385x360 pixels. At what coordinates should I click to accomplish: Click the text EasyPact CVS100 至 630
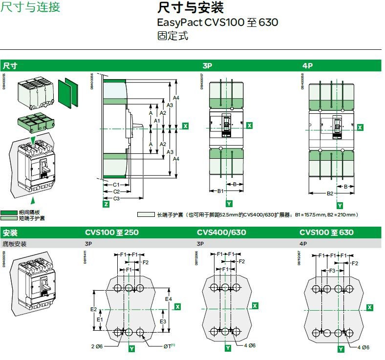217,22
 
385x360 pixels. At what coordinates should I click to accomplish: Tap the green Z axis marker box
106,204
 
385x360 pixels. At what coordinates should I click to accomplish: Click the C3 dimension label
117,198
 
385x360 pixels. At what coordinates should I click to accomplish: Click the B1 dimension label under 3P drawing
220,191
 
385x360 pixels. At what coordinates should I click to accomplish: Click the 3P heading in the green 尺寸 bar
208,65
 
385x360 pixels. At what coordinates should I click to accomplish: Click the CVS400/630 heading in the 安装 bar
221,233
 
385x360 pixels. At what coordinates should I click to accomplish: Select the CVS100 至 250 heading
112,233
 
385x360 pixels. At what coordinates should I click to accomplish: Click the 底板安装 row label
15,243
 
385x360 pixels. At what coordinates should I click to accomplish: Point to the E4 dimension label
168,298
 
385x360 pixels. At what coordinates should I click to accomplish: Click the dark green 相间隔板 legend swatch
9,212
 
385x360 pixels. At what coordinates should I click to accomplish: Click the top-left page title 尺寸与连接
30,8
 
